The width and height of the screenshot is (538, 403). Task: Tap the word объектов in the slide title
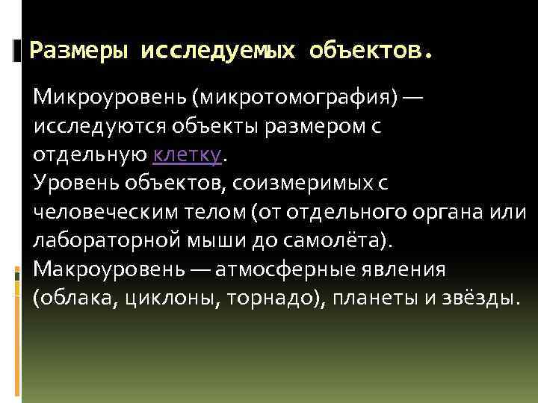point(370,51)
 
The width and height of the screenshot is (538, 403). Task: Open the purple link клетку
point(187,156)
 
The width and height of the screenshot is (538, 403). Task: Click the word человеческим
point(98,213)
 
